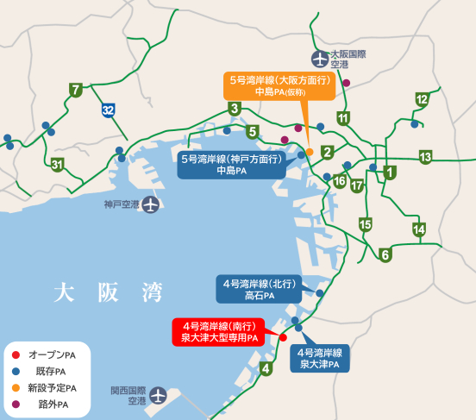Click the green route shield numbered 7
point(77,90)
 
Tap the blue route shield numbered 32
point(108,110)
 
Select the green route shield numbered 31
point(57,165)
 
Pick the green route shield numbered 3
point(234,109)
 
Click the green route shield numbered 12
point(422,99)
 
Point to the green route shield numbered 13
point(425,157)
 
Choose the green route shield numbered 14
point(419,229)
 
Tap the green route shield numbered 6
point(385,254)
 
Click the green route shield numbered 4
point(266,369)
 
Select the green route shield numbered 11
point(343,118)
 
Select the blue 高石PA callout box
point(260,289)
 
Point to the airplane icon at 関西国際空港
point(159,396)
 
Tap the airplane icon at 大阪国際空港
point(320,60)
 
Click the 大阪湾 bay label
point(108,291)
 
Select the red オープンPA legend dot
point(16,354)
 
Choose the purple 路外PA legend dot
point(16,404)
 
